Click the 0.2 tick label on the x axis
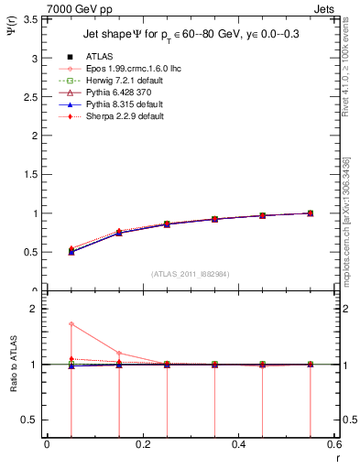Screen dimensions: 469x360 pyautogui.click(x=142, y=444)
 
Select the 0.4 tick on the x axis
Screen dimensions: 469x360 pyautogui.click(x=238, y=444)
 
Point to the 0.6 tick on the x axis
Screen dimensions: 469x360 pyautogui.click(x=333, y=444)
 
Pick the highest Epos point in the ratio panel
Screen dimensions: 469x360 pyautogui.click(x=71, y=324)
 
